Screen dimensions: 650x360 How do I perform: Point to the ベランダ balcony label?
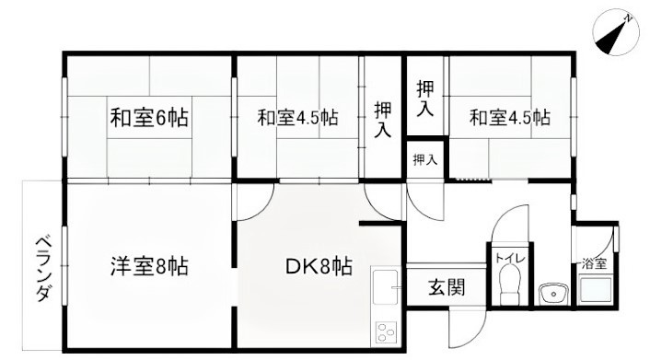pos(42,267)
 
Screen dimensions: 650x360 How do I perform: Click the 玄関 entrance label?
pos(445,286)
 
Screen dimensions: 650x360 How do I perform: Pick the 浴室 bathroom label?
pos(594,263)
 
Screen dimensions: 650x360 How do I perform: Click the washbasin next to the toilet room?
pos(552,295)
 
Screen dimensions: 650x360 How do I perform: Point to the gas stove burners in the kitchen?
pos(384,332)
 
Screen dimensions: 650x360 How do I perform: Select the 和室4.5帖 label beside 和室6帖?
pos(296,118)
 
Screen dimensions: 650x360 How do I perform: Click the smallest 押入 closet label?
pos(424,160)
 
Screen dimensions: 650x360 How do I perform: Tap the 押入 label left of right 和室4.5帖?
pos(424,99)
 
